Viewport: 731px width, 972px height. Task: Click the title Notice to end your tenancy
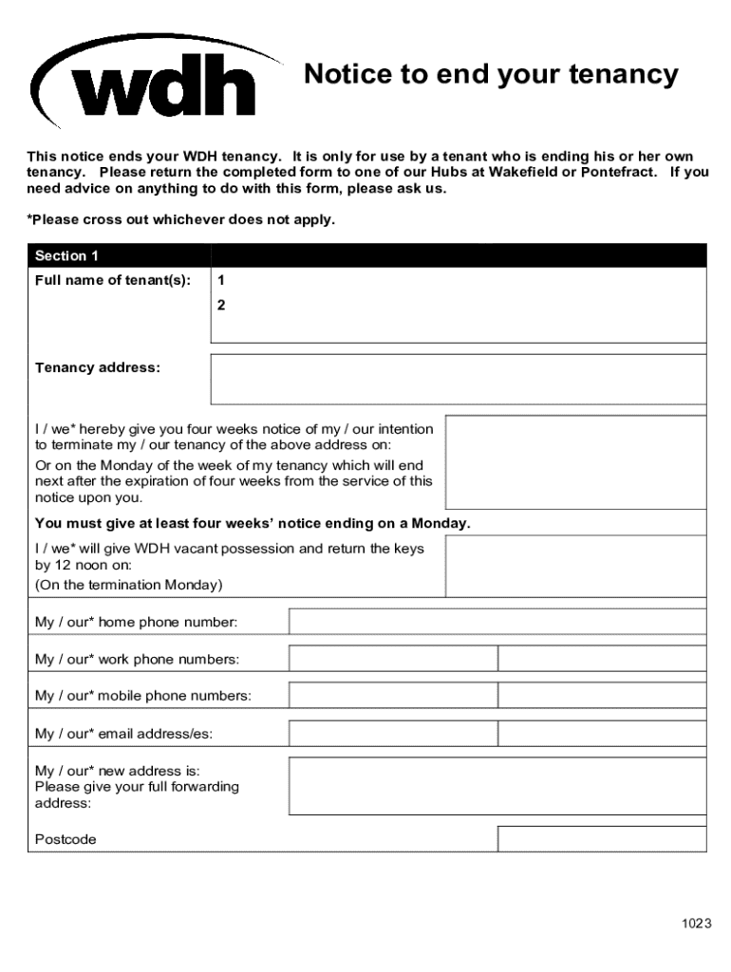pyautogui.click(x=491, y=75)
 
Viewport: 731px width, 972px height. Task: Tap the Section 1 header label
pyautogui.click(x=66, y=256)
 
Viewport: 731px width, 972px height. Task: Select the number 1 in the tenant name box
pyautogui.click(x=221, y=281)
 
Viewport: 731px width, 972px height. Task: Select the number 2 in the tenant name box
pyautogui.click(x=221, y=306)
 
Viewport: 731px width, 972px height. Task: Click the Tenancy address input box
pyautogui.click(x=458, y=380)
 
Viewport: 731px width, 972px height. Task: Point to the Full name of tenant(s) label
pyautogui.click(x=113, y=281)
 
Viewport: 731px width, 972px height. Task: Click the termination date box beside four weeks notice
pyautogui.click(x=575, y=462)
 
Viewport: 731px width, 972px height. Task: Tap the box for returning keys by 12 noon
pyautogui.click(x=575, y=568)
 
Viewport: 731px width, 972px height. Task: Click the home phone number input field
pyautogui.click(x=497, y=622)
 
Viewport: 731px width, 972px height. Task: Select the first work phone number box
pyautogui.click(x=393, y=659)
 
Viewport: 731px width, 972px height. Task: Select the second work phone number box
pyautogui.click(x=602, y=659)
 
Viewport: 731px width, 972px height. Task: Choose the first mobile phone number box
pyautogui.click(x=393, y=696)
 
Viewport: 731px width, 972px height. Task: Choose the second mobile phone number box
pyautogui.click(x=602, y=696)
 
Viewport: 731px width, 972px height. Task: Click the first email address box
pyautogui.click(x=393, y=734)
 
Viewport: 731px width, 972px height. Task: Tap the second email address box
pyautogui.click(x=602, y=734)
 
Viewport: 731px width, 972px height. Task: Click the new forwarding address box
pyautogui.click(x=497, y=786)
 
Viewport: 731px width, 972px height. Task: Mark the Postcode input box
pyautogui.click(x=602, y=839)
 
